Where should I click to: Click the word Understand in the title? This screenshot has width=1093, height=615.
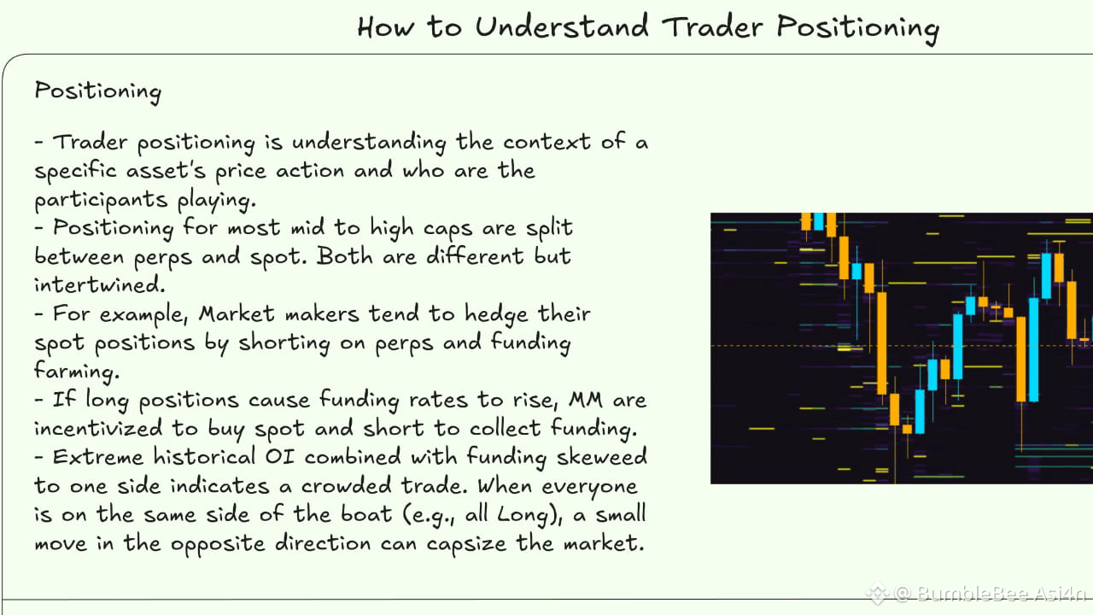coord(562,26)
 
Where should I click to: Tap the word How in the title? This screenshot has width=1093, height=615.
coord(385,26)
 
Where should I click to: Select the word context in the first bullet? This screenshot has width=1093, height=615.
coord(546,142)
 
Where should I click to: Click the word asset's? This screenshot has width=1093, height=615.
coord(166,170)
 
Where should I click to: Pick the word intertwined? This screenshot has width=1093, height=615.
coord(100,284)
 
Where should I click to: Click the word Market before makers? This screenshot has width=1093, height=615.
coord(237,313)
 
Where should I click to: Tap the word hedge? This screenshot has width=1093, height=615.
coord(496,315)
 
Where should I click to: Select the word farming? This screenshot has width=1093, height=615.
coord(77,371)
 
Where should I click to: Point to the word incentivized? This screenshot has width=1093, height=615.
coord(98,428)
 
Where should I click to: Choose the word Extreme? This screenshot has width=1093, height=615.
coord(98,457)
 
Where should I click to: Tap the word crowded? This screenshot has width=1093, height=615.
coord(346,485)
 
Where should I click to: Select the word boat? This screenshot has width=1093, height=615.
coord(366,514)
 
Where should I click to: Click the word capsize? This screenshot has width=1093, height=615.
coord(466,544)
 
